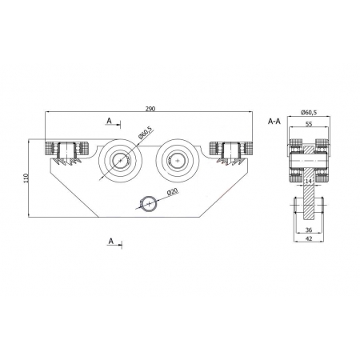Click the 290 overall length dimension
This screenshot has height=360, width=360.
click(150, 109)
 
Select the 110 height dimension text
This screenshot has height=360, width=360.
click(26, 178)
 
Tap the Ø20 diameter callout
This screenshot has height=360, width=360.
click(173, 192)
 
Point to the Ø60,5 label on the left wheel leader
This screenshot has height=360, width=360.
click(146, 133)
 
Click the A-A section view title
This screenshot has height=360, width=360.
click(274, 122)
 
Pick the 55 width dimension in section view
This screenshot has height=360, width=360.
click(308, 124)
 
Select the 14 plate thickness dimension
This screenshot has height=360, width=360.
click(308, 182)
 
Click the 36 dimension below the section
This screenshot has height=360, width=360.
click(309, 230)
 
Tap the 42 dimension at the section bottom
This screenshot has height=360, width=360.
click(309, 238)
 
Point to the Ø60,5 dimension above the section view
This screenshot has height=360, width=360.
click(309, 112)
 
